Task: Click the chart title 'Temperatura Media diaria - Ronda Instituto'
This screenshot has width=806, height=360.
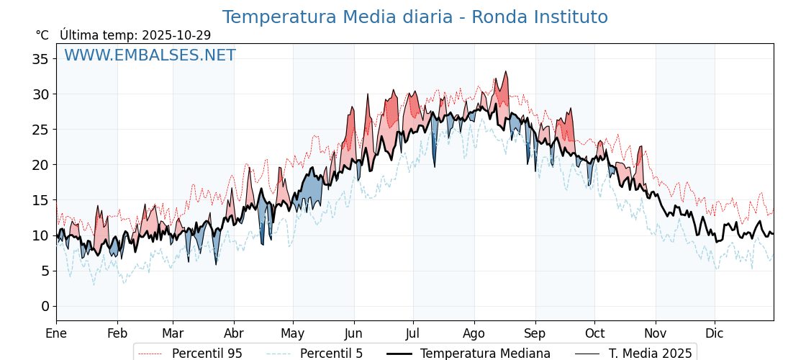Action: click(x=415, y=17)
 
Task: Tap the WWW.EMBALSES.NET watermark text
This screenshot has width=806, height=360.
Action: click(x=150, y=55)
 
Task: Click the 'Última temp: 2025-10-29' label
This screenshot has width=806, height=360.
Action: click(x=135, y=35)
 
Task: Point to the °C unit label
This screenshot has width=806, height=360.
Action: click(x=42, y=35)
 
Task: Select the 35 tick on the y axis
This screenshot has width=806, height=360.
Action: click(x=40, y=59)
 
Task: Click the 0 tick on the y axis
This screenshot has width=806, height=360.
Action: click(x=44, y=306)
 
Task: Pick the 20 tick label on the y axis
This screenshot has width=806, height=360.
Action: click(x=40, y=165)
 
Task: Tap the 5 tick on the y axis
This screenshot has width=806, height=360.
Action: click(x=44, y=271)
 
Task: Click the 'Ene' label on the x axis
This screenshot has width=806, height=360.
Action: click(x=56, y=333)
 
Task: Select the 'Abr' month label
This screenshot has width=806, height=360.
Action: click(x=234, y=333)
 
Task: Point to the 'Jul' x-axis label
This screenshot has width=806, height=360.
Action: click(x=413, y=333)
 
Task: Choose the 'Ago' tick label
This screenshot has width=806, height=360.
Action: click(x=474, y=333)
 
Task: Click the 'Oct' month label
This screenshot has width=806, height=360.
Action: click(x=594, y=333)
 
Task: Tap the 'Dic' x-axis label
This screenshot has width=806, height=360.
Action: click(x=715, y=333)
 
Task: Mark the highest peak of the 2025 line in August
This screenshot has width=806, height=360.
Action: click(x=506, y=71)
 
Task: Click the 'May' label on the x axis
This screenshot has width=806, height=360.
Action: click(x=293, y=333)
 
